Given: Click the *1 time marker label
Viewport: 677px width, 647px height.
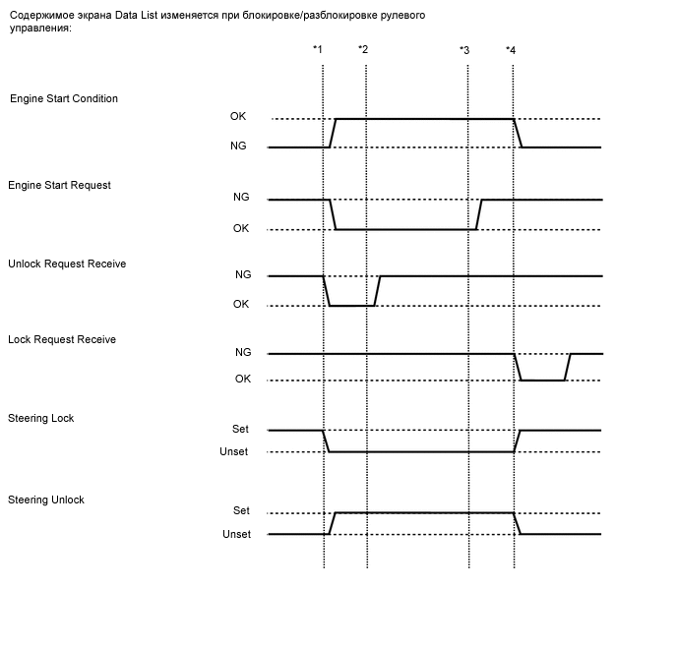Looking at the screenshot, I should [x=317, y=49].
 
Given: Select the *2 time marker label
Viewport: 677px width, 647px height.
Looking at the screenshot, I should [x=363, y=49].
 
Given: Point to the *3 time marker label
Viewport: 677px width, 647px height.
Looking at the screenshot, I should [x=464, y=49].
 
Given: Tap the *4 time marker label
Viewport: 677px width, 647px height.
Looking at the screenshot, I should [x=510, y=49].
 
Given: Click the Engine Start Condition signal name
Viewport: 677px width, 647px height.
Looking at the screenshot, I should [x=64, y=99].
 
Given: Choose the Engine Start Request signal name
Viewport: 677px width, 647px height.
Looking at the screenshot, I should [x=59, y=185].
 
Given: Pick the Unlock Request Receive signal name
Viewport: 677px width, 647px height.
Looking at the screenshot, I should [x=67, y=265].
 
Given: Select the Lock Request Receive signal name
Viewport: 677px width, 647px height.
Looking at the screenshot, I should [x=62, y=339].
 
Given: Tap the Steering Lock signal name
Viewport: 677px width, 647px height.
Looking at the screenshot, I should [x=41, y=418].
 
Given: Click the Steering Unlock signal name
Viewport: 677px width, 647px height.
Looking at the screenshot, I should [x=46, y=500].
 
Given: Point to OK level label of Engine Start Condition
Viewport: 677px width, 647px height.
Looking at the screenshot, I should [x=239, y=117].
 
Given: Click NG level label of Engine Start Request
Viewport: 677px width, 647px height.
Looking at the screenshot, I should [x=241, y=197].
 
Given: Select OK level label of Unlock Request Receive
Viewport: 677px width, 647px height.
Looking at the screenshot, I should [x=241, y=304].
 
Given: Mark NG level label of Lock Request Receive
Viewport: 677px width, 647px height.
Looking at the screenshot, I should [x=243, y=351].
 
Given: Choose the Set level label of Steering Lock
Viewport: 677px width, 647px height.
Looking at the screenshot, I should [x=241, y=429].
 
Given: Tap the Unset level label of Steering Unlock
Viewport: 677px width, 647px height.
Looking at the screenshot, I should [x=236, y=534].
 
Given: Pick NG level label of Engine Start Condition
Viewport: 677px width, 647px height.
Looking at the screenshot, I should [x=239, y=146].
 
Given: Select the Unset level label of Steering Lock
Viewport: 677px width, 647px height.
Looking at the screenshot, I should [x=233, y=451].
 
